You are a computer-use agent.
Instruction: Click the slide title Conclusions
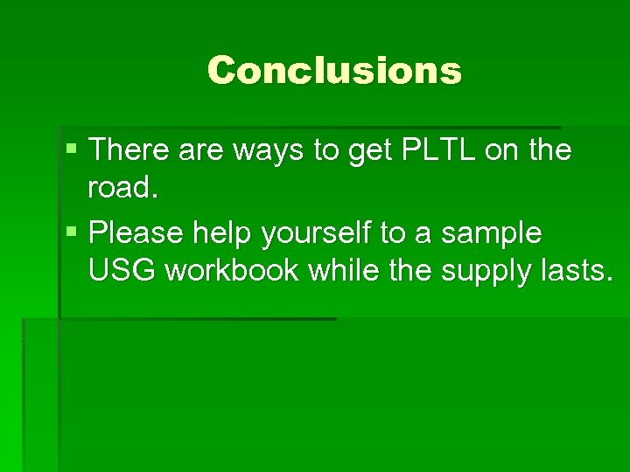click(334, 70)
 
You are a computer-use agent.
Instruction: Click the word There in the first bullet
click(129, 150)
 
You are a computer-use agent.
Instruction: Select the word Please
click(136, 233)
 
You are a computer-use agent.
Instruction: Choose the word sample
click(492, 233)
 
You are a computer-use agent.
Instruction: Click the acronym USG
click(122, 271)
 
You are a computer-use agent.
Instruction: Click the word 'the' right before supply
click(411, 271)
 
